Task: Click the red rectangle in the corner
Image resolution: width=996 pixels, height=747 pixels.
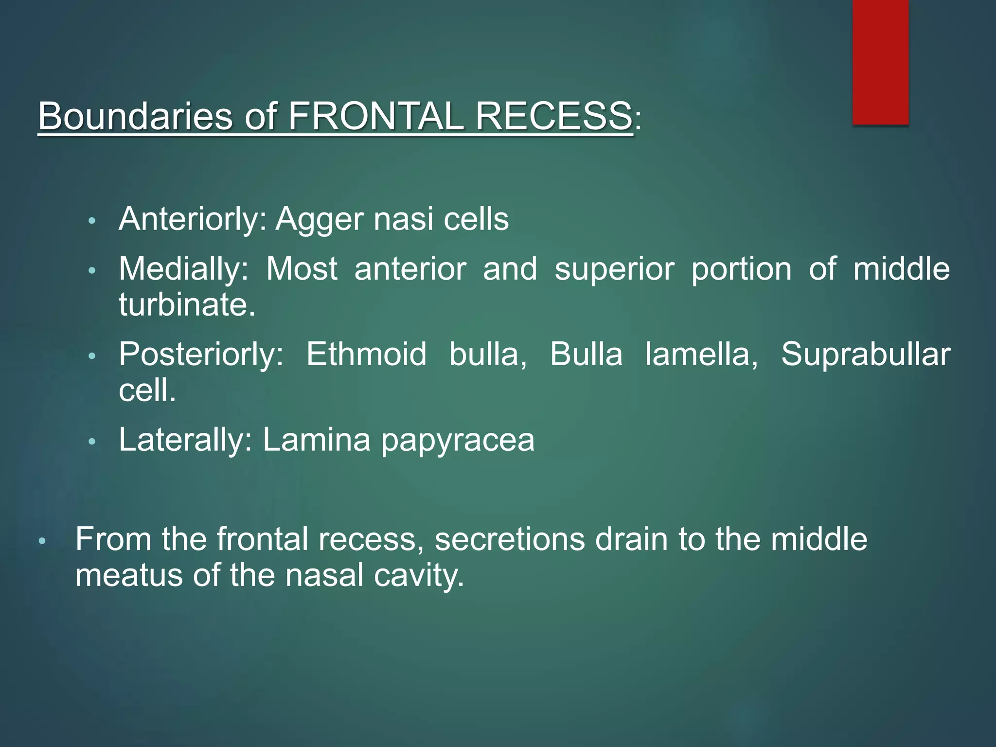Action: point(880,62)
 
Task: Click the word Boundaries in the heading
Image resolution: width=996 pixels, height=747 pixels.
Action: point(136,117)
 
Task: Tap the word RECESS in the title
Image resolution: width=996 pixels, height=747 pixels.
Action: point(553,117)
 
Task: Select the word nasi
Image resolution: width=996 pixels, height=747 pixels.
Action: point(403,219)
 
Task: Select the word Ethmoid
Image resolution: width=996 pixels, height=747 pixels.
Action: point(366,354)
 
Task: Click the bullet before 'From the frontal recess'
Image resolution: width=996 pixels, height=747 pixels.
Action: point(42,541)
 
